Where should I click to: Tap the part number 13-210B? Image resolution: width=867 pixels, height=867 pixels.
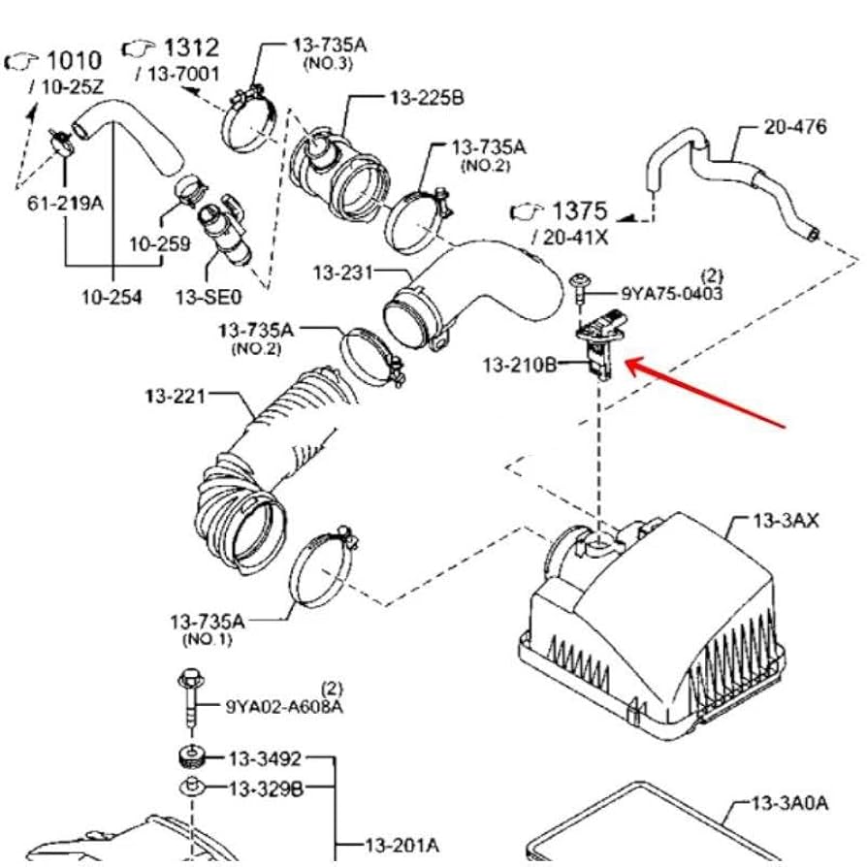coord(519,366)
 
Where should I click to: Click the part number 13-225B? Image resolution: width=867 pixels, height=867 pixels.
coord(427,98)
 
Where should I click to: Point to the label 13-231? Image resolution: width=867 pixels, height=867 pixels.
coord(342,273)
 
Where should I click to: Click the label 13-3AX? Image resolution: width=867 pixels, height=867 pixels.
coord(786,521)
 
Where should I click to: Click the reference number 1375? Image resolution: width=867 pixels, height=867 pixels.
coord(579,211)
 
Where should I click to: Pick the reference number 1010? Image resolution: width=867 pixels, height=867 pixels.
coord(74,60)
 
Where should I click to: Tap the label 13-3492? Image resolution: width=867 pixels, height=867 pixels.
coord(265,757)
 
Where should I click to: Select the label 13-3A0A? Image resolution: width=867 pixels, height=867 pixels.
coord(789,803)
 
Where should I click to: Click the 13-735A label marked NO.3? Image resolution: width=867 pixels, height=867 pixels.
coord(328,45)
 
